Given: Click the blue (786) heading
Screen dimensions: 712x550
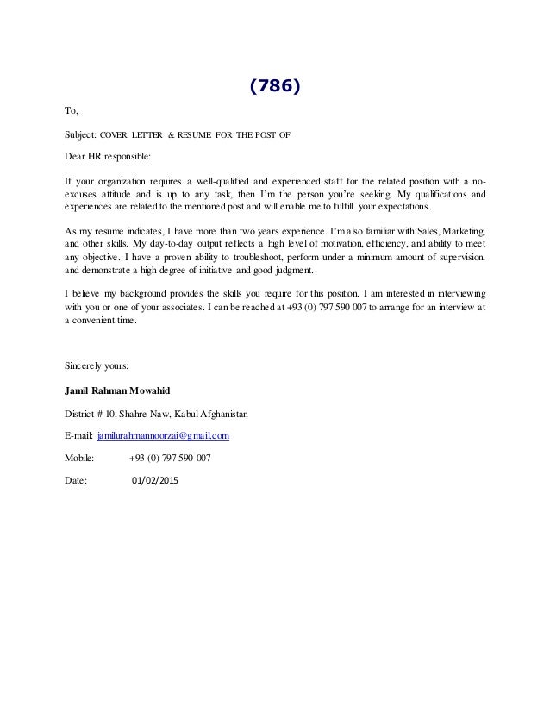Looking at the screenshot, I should [x=275, y=86].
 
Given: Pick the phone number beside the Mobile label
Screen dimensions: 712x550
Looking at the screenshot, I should [x=169, y=458].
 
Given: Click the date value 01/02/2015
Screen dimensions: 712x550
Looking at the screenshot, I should [x=155, y=480].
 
